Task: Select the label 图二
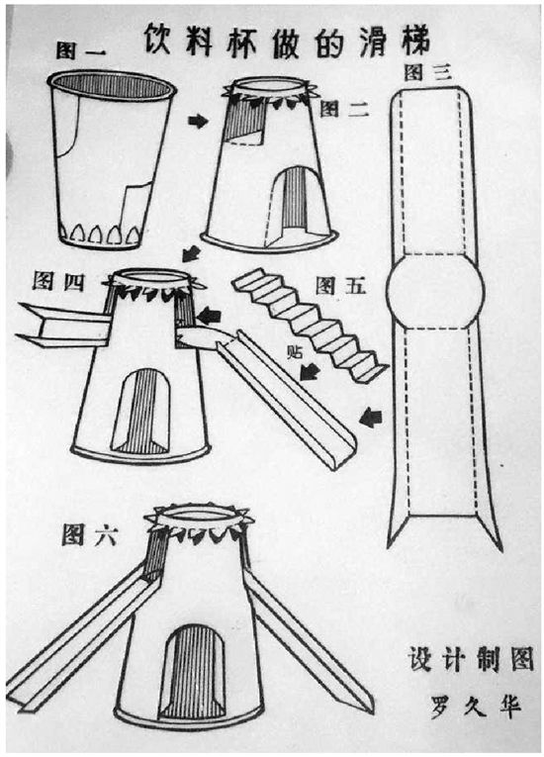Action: point(344,109)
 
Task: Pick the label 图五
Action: point(338,287)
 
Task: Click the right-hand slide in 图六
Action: point(308,643)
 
